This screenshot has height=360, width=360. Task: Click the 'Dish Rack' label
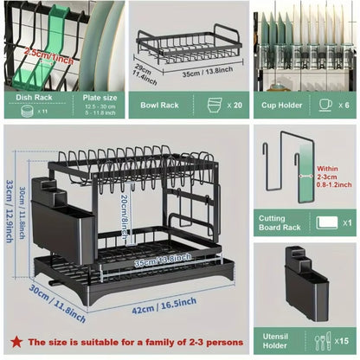36,98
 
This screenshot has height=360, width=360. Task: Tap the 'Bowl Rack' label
159,104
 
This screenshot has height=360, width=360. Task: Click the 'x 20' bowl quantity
234,104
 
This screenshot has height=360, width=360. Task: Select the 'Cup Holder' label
282,104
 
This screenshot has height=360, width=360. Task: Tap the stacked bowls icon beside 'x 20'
214,104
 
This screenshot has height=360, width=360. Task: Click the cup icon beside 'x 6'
326,104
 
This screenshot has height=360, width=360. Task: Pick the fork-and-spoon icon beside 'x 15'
322,340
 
